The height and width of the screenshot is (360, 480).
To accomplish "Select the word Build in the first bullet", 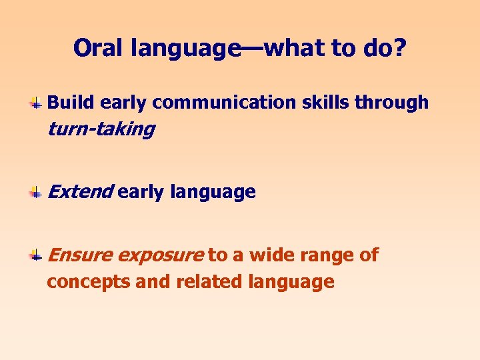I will click(x=71, y=103).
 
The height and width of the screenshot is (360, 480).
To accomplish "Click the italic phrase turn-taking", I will click(x=101, y=129).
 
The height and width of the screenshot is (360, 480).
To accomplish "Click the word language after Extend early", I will click(x=213, y=193).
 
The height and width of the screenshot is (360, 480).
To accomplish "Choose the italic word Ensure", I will click(x=81, y=255).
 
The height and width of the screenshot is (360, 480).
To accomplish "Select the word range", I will click(x=326, y=255).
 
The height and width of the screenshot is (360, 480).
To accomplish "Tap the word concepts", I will click(x=88, y=282).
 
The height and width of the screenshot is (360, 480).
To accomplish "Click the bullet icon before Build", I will click(x=37, y=103).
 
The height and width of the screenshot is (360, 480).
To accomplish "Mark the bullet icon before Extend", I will click(x=37, y=193).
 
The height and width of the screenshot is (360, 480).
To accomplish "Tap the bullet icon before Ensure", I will click(x=37, y=255).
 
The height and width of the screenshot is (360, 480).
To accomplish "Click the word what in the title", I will click(x=297, y=48).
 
